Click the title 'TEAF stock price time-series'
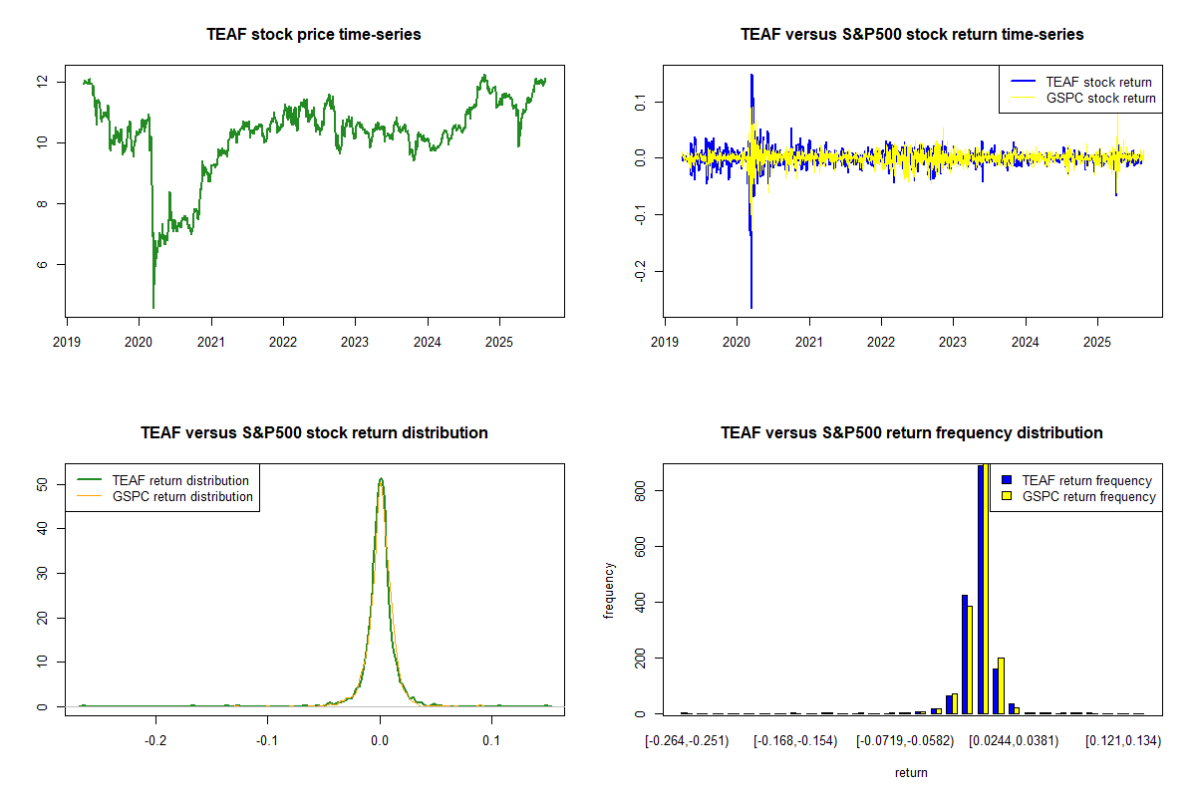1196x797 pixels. [x=314, y=35]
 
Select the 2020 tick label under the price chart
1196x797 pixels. [x=139, y=339]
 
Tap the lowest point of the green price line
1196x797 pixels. [x=153, y=308]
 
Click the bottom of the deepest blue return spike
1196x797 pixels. [x=751, y=308]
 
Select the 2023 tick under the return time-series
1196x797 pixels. [x=953, y=339]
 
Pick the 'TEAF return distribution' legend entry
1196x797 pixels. [x=180, y=481]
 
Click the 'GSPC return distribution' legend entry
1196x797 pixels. [x=182, y=497]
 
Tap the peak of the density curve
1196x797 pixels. [x=380, y=479]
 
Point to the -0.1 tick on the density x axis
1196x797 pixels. [x=267, y=741]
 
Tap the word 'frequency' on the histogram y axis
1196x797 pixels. [x=609, y=591]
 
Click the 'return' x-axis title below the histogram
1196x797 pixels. [x=911, y=773]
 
